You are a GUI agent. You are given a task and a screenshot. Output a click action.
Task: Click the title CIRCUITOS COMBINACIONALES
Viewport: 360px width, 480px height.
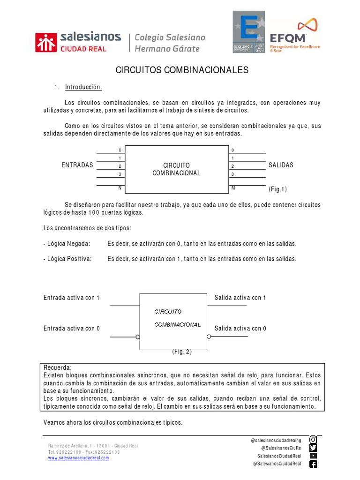tap(182, 70)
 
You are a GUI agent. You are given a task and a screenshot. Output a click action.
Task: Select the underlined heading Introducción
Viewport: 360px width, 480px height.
tap(83, 87)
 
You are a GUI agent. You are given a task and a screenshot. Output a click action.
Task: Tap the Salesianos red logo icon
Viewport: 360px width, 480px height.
tap(45, 42)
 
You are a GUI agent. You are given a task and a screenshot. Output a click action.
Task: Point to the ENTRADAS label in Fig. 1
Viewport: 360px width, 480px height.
tap(77, 165)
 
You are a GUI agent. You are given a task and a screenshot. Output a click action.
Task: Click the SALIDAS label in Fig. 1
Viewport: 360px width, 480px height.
tap(281, 165)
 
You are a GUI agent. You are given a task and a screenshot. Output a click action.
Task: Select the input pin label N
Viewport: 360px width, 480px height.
tap(120, 188)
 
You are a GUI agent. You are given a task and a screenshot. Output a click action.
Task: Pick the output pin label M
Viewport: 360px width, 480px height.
tap(233, 188)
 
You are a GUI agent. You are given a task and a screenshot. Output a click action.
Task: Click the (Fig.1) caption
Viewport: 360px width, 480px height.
tap(277, 189)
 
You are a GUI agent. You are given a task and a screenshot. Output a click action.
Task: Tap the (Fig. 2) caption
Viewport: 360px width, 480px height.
tap(182, 352)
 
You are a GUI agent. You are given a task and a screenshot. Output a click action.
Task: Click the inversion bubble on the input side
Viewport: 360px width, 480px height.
tap(138, 337)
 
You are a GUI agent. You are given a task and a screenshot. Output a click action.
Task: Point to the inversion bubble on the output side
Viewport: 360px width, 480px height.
tap(209, 337)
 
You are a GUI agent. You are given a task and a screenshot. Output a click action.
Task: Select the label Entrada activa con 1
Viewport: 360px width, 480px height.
tap(72, 298)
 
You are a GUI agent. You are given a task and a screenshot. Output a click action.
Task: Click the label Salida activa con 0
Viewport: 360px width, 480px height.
tap(240, 328)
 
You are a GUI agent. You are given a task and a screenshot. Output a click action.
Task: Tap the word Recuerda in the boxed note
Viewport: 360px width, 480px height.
tap(58, 367)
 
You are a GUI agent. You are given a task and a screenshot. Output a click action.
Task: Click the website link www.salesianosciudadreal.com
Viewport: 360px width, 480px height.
tap(78, 458)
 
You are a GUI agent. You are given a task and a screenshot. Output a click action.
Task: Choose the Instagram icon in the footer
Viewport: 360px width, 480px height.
tap(313, 440)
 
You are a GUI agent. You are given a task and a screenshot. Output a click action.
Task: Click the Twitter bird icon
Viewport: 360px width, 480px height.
tap(313, 448)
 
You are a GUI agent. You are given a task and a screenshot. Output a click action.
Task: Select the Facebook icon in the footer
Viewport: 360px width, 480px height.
tap(313, 464)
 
